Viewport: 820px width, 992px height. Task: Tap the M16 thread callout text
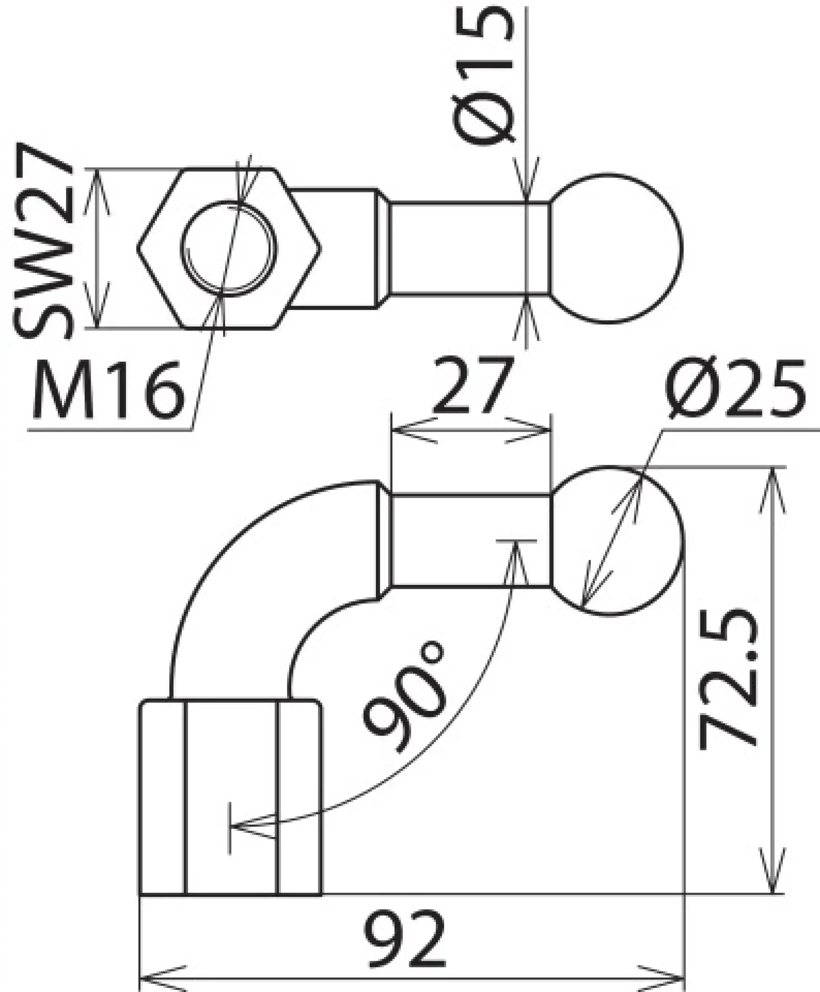click(108, 390)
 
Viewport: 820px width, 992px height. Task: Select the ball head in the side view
click(618, 541)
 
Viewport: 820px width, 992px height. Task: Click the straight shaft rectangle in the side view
click(470, 540)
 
